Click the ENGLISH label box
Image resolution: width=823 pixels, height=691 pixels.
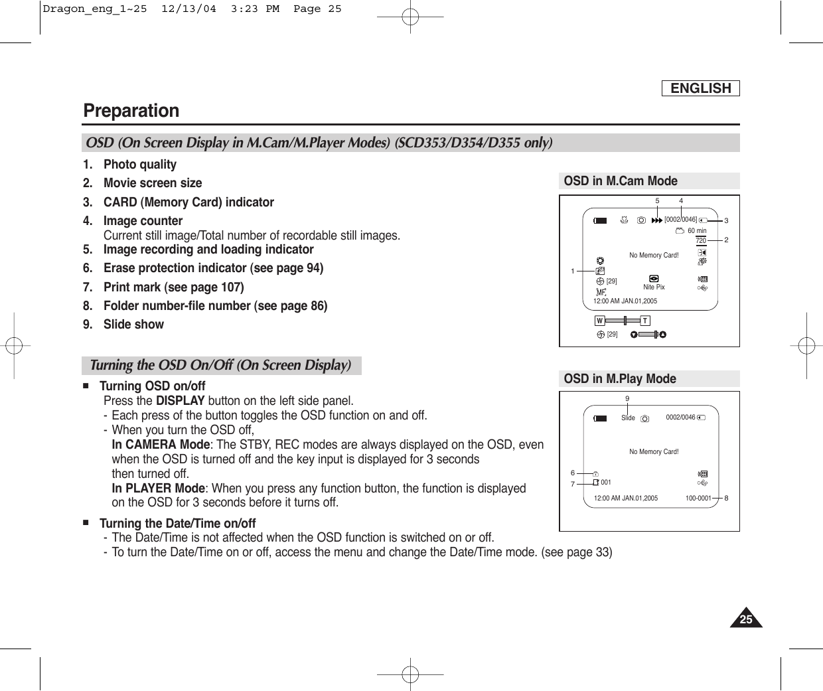tap(700, 88)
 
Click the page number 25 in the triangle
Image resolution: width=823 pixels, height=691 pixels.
tap(746, 620)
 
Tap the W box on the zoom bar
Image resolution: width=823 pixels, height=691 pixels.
tap(599, 321)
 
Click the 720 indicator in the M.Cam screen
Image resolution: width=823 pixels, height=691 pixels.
tap(701, 240)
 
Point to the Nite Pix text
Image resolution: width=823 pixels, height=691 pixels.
tap(654, 287)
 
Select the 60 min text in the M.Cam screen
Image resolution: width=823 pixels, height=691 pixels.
tap(697, 230)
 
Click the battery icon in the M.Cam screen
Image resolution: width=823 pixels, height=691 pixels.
tap(600, 220)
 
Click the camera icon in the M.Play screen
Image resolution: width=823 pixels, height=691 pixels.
tap(645, 418)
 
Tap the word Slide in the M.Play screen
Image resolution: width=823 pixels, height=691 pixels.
tap(628, 418)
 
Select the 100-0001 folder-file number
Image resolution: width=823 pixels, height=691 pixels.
tap(698, 498)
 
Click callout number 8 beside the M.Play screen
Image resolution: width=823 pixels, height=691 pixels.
tap(727, 498)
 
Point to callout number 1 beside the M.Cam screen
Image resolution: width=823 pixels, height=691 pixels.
tap(572, 271)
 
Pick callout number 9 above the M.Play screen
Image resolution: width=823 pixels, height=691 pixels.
tap(627, 399)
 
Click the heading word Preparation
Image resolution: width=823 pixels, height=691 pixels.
tap(131, 110)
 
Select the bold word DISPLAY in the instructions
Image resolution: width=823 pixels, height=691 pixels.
tap(180, 401)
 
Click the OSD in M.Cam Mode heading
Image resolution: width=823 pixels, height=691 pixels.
tap(621, 181)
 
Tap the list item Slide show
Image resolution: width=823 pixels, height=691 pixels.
tap(133, 325)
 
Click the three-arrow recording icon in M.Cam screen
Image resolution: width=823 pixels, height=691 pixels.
tap(657, 220)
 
